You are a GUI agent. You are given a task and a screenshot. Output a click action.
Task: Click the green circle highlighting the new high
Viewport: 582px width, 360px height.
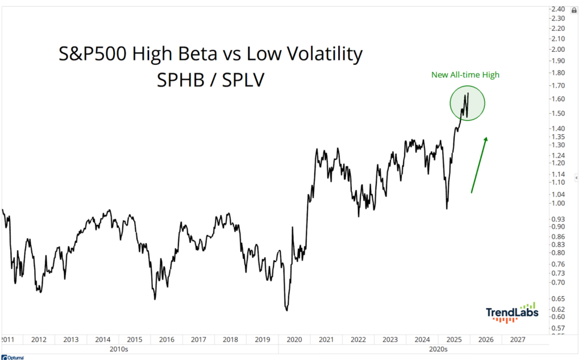(467, 103)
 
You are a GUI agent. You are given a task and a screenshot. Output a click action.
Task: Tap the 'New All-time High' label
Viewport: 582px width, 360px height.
(465, 75)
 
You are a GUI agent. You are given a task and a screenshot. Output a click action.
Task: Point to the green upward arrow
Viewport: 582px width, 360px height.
(479, 165)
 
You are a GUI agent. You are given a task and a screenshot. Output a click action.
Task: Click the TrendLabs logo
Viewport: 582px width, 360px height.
(510, 312)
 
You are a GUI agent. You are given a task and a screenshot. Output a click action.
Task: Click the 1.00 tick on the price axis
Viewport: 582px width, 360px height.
(558, 203)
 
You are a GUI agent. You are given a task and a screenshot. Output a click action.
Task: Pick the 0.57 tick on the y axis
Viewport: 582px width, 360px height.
(558, 329)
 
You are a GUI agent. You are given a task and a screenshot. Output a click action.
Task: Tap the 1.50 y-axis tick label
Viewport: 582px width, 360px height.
(558, 113)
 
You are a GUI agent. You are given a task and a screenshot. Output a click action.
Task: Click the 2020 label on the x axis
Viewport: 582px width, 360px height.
(294, 340)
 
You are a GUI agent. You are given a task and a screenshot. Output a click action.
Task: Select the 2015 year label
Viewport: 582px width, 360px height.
(135, 340)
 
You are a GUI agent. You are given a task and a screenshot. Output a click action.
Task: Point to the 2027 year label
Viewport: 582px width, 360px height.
(518, 340)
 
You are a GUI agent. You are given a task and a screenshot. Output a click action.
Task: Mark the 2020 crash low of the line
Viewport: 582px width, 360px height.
(286, 309)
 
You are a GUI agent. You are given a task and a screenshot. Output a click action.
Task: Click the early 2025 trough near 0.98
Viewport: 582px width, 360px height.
(447, 208)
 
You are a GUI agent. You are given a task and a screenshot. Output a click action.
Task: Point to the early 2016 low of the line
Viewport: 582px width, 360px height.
(154, 299)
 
